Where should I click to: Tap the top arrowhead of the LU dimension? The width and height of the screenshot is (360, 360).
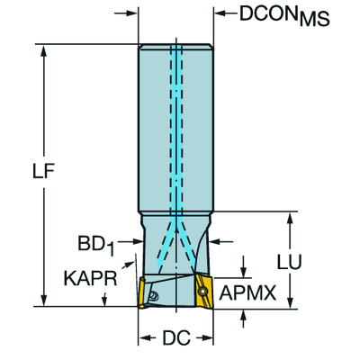click(292, 218)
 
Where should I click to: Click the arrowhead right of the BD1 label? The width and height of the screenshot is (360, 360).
click(132, 241)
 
